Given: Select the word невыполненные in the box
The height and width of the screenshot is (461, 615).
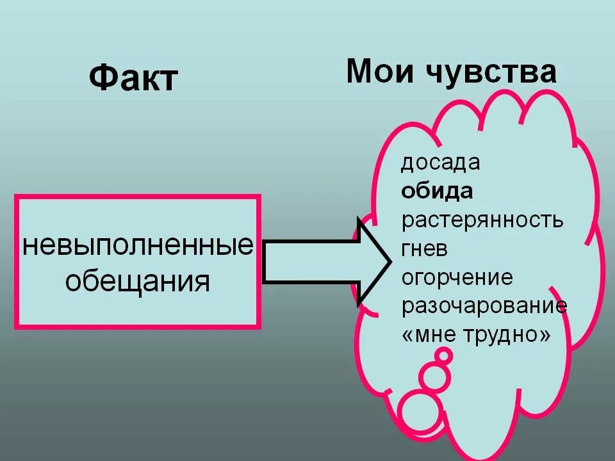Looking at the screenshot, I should click(x=138, y=245).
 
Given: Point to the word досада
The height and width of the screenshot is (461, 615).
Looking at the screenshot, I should click(x=440, y=163).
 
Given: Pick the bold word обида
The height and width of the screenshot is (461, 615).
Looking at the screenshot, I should click(x=438, y=191).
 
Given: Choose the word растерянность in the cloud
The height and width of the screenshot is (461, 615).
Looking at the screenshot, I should click(x=482, y=220).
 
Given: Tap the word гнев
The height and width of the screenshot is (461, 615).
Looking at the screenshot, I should click(x=425, y=249).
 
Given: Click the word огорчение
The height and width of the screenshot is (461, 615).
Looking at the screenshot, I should click(x=457, y=278).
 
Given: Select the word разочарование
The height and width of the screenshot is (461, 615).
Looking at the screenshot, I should click(x=484, y=305).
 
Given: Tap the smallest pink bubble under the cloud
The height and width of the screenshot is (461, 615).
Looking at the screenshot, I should click(x=443, y=355).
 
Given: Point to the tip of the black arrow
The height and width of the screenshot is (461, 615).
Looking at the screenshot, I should click(x=388, y=261).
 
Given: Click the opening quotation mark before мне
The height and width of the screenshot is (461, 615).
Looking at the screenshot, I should click(x=408, y=335).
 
